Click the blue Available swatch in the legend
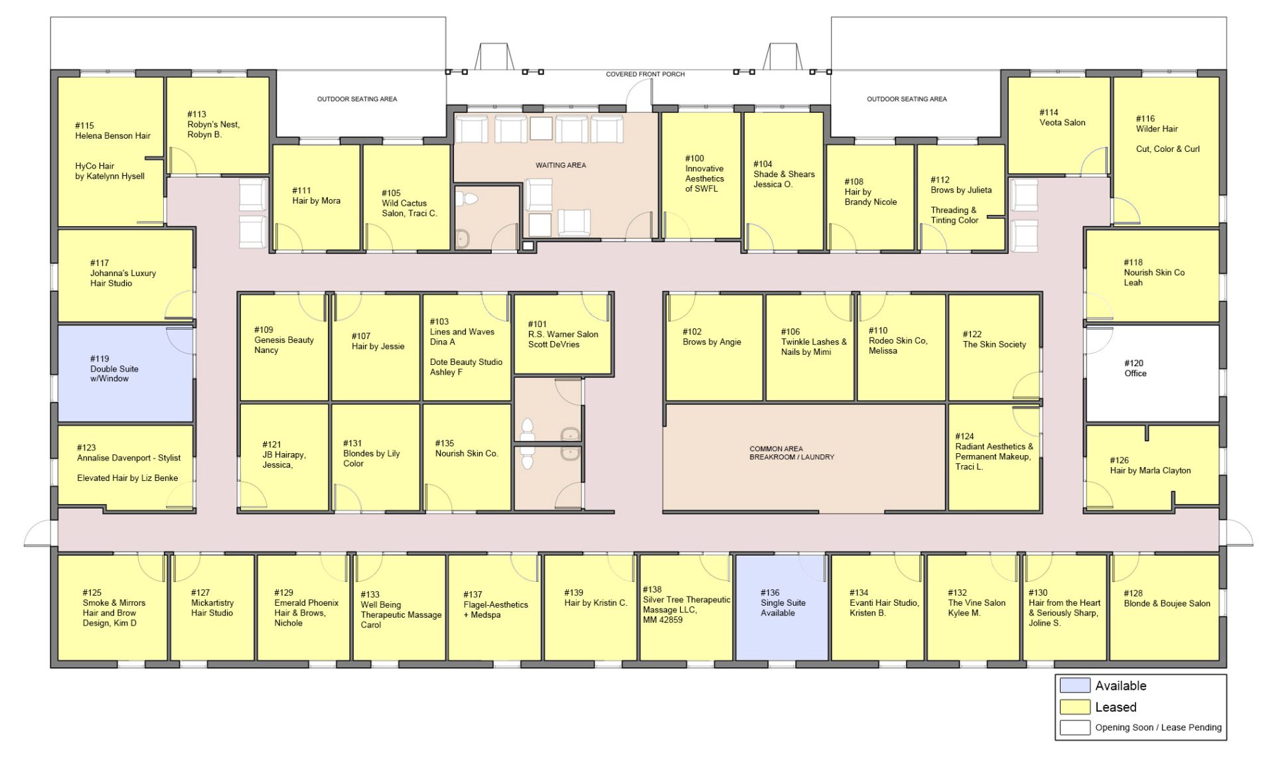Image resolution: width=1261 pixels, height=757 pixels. coord(1075,685)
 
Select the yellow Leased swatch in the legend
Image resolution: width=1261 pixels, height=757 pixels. coord(1075,707)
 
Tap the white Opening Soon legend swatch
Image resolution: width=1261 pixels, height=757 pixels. coord(1075,727)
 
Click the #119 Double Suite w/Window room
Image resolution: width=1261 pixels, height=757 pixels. coord(125,373)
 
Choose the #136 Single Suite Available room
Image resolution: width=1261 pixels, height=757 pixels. coord(782,607)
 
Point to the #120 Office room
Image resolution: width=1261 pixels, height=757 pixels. coord(1152,373)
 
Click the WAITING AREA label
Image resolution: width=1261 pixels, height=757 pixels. coord(561,165)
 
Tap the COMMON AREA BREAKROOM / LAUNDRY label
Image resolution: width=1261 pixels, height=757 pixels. coord(792,453)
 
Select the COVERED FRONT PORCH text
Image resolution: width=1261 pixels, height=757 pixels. coord(645,74)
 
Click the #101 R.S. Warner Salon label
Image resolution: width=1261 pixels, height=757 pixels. coord(563,334)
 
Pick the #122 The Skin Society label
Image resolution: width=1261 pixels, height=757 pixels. coord(994,339)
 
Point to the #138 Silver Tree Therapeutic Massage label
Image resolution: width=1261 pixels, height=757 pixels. coord(686,604)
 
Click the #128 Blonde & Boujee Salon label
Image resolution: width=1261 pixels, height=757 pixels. coord(1167,598)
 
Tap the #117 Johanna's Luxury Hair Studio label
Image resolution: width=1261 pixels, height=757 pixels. coord(123,273)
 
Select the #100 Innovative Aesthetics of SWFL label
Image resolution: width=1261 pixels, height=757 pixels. coord(704,173)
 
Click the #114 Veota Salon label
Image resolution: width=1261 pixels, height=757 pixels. coord(1062,117)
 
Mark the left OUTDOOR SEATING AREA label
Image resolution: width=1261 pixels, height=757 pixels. coord(357,99)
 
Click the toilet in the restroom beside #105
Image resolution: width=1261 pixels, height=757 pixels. coord(471,198)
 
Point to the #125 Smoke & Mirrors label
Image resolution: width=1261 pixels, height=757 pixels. coord(113,608)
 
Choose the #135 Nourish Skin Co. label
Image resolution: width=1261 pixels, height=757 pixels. coord(467,448)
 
